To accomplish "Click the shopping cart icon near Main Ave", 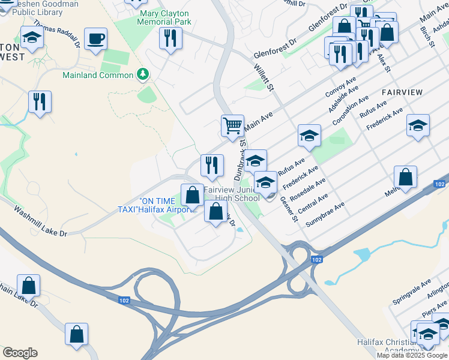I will (232, 125).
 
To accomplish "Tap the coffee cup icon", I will (96, 39).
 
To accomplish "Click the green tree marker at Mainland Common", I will (143, 74).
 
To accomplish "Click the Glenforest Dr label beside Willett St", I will (275, 47).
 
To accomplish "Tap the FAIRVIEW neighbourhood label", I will (402, 92).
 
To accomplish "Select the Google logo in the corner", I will (20, 353).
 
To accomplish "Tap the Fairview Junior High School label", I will (231, 193).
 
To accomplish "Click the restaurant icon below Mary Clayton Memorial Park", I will (170, 38).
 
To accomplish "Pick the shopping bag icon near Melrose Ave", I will (405, 177).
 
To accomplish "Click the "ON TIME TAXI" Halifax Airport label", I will (157, 205).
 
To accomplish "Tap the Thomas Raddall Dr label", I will (56, 32).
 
